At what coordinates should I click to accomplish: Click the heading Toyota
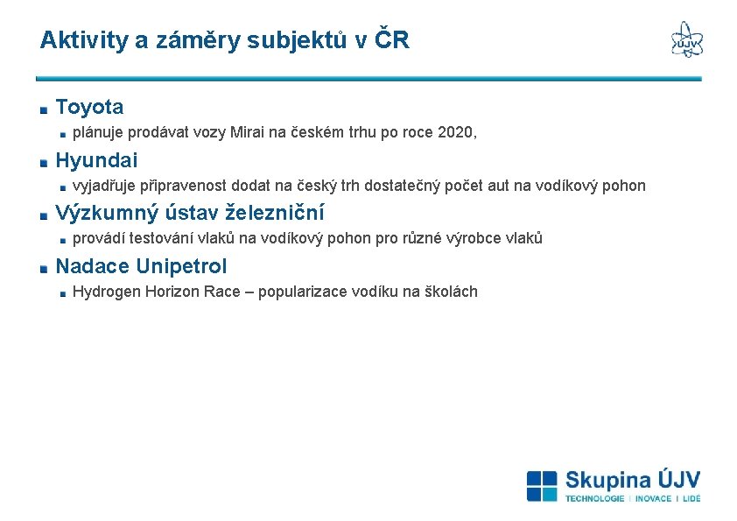point(89,108)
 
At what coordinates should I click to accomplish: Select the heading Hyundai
point(96,160)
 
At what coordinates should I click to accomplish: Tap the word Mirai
point(249,133)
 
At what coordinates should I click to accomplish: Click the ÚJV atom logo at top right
point(686,39)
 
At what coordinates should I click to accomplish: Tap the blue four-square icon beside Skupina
point(542,486)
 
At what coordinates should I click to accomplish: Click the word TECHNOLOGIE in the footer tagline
point(594,498)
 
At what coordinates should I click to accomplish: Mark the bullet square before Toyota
point(43,109)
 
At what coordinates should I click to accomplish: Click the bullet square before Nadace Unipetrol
point(43,268)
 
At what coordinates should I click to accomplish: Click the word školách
point(451,292)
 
